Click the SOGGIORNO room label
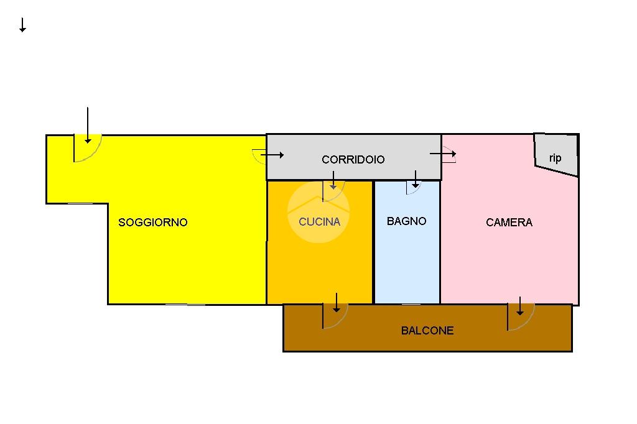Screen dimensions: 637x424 click(x=152, y=223)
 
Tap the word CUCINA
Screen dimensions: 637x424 click(x=319, y=221)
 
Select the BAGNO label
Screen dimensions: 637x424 click(x=406, y=221)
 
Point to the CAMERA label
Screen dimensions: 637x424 click(x=509, y=223)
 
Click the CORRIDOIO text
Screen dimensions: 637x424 click(x=353, y=160)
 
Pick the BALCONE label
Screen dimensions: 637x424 click(x=427, y=331)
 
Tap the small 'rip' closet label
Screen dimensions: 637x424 click(x=555, y=158)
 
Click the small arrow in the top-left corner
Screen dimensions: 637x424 click(x=22, y=25)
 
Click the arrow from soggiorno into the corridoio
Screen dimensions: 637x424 click(x=272, y=155)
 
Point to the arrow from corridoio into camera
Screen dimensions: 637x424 click(x=443, y=154)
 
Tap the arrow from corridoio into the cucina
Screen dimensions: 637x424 click(x=333, y=181)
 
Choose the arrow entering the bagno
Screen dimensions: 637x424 click(x=415, y=181)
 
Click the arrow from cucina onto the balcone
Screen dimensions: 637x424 click(x=337, y=302)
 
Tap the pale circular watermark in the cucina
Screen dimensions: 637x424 click(x=318, y=211)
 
